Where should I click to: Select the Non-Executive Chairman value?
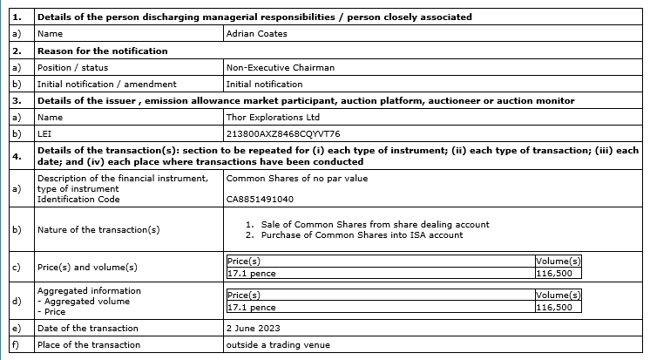pos(280,67)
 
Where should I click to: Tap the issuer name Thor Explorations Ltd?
pos(273,117)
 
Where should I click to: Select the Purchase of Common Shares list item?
pos(360,235)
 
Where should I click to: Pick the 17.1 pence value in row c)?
pos(251,272)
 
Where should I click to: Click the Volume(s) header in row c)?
pos(559,261)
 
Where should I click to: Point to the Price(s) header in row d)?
pos(244,295)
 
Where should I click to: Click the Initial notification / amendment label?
pos(106,84)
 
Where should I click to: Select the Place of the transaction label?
pos(89,345)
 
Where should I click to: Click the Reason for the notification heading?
pos(101,51)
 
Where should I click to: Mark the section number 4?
pos(16,155)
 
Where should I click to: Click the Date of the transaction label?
pos(87,329)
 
